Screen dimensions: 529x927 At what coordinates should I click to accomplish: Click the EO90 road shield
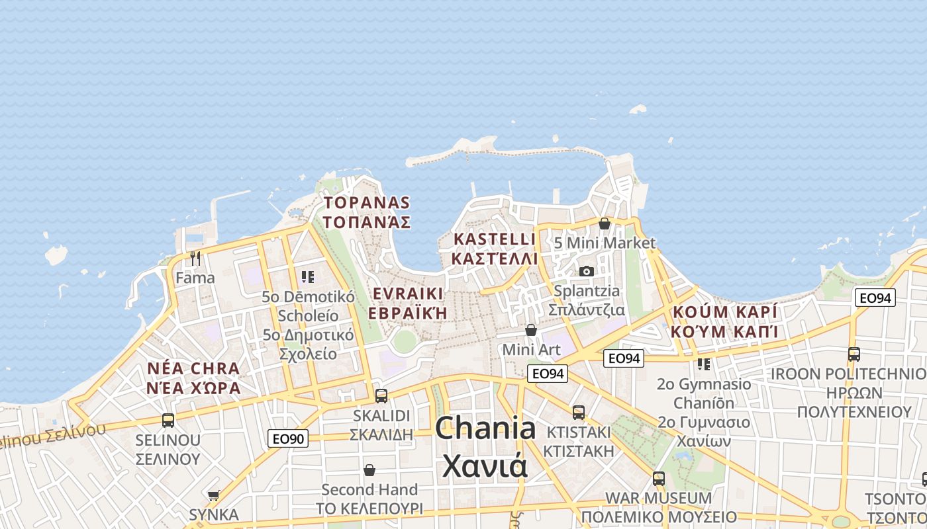tap(288, 438)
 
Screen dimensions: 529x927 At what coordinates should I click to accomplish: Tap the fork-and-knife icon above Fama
tap(195, 258)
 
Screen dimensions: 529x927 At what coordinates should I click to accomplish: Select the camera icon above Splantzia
tap(586, 271)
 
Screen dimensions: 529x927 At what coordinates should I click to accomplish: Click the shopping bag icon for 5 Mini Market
tap(604, 224)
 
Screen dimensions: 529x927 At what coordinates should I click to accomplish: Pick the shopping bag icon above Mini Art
tap(530, 329)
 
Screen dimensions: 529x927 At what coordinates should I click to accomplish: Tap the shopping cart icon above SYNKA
tap(213, 495)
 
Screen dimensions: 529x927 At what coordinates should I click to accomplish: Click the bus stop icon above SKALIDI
tap(381, 395)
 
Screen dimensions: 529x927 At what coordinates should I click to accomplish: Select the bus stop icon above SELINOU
tap(168, 420)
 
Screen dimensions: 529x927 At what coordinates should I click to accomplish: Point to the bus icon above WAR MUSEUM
tap(658, 478)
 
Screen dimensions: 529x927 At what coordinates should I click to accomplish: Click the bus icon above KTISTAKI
tap(578, 412)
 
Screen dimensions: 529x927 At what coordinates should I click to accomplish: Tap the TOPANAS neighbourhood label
tap(366, 202)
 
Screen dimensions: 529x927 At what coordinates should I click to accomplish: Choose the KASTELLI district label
tap(494, 239)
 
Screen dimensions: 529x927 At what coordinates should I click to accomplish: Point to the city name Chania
tap(485, 428)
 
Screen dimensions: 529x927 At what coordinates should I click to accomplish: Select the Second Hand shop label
tap(369, 490)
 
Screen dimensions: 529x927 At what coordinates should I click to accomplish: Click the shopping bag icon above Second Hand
tap(369, 470)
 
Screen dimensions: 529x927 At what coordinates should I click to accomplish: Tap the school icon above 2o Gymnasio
tap(703, 364)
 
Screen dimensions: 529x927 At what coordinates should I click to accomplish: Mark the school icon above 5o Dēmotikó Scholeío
tap(307, 276)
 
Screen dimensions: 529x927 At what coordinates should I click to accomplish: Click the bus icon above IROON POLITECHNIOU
tap(854, 354)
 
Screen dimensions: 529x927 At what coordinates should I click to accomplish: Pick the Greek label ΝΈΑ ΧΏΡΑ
tap(194, 388)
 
